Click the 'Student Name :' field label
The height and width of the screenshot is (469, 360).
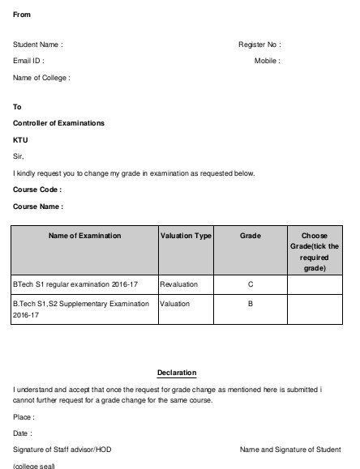(38, 45)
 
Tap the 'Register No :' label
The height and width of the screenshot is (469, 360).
(259, 45)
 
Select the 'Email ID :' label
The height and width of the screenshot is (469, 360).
(28, 61)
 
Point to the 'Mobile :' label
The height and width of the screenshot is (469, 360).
(268, 61)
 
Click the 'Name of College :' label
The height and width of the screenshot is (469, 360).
(41, 78)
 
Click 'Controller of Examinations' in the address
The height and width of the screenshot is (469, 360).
(59, 123)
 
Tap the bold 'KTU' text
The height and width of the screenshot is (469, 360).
(21, 139)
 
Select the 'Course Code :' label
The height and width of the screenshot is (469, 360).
(37, 190)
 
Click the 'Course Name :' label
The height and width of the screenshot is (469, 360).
(38, 207)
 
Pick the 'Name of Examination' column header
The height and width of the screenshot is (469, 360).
(85, 236)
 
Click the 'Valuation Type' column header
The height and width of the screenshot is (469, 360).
(186, 236)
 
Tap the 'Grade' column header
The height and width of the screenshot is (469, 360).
(251, 236)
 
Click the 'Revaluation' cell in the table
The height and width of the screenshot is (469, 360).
(179, 284)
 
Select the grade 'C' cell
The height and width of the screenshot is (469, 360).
(251, 284)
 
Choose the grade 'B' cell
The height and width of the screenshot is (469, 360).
(251, 304)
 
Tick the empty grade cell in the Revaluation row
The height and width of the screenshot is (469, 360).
(315, 284)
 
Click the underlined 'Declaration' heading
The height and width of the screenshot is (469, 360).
(177, 373)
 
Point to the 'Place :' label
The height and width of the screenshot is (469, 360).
(24, 418)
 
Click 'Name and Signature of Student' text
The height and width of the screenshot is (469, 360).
(290, 450)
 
